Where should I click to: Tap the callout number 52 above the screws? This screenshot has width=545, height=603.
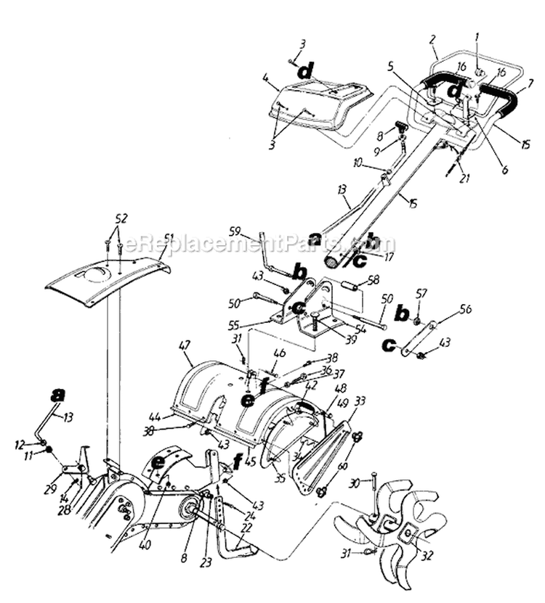pyautogui.click(x=121, y=218)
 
